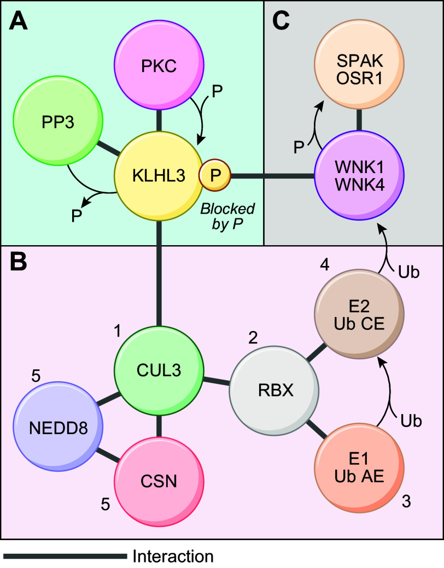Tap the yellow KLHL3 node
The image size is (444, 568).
coord(159,176)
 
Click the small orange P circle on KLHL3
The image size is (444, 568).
coord(215,175)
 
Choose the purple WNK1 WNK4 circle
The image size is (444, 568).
coord(359,175)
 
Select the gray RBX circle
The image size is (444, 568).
coord(274,390)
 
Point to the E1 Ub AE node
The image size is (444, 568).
coord(359,468)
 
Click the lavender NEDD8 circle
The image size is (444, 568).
coord(58,427)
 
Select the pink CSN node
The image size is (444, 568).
coord(159,482)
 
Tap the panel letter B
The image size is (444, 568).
coord(18,262)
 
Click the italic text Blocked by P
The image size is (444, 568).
coord(227,217)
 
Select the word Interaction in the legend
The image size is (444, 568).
coord(173,556)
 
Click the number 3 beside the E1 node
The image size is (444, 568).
coord(406,501)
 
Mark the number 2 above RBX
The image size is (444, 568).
coord(253,338)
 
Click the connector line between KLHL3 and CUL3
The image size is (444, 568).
coord(159,273)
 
